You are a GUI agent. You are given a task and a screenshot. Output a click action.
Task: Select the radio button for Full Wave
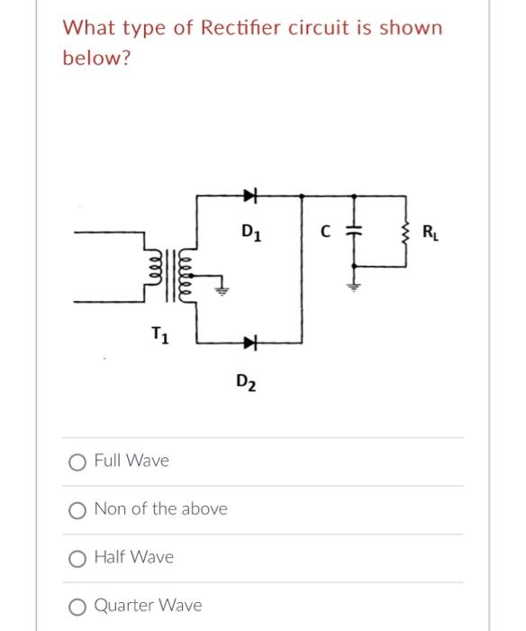pos(77,462)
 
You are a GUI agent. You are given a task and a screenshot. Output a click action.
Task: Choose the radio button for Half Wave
pos(77,558)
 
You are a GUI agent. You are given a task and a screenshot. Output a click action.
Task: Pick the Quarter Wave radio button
pos(77,606)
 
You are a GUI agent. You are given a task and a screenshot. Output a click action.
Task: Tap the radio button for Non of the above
pos(77,509)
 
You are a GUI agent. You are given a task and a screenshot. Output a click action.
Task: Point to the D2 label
pos(248,381)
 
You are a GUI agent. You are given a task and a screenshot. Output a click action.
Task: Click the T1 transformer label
pos(158,336)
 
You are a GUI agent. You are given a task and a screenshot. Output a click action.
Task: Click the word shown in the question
pos(412,28)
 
